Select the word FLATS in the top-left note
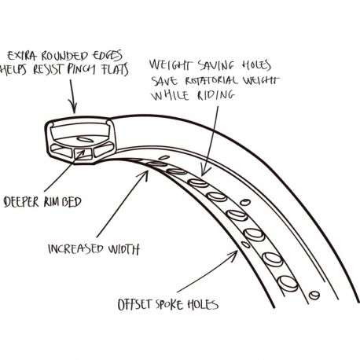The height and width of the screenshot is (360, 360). point(115,69)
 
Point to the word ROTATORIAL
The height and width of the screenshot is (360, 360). point(211,80)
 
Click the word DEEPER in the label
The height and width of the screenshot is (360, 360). point(21,202)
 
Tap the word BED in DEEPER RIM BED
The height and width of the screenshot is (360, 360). point(72,202)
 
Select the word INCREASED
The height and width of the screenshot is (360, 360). point(75,249)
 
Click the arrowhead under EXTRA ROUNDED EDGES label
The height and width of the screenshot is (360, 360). point(75,110)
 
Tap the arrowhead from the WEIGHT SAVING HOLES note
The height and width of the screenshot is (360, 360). point(204,173)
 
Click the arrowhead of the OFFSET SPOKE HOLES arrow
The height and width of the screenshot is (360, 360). point(234,252)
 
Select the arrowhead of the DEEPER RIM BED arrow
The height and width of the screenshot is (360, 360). point(83,152)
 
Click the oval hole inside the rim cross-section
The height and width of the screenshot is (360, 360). point(86,140)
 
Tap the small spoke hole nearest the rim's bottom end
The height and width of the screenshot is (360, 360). point(314,295)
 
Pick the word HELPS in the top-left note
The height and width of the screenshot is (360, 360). point(13,70)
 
